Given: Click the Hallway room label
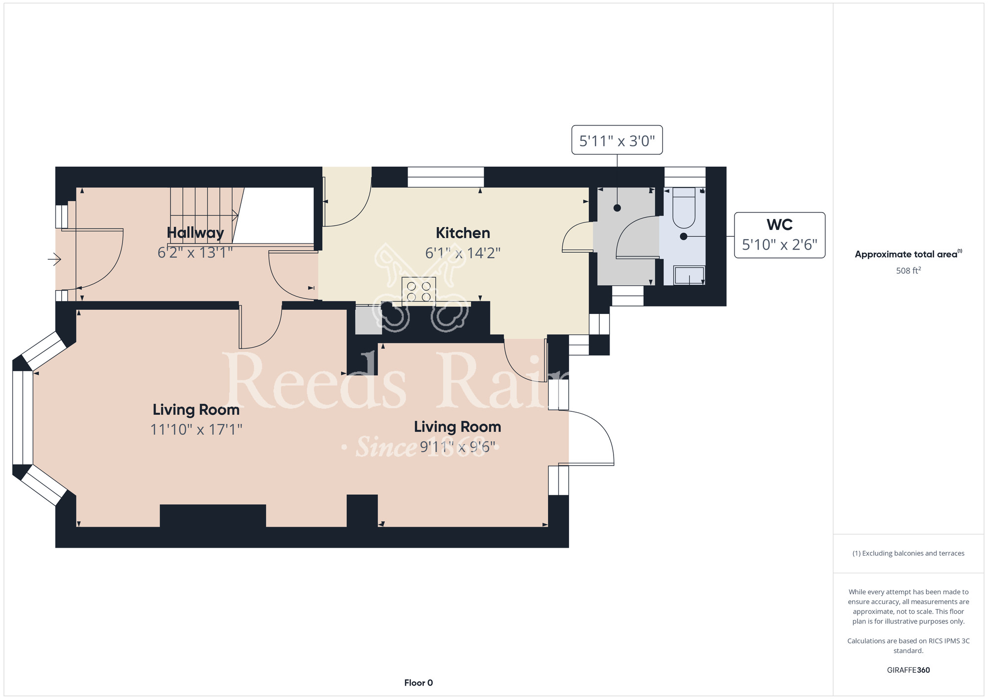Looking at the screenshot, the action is (195, 233).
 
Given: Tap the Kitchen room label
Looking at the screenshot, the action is (463, 233).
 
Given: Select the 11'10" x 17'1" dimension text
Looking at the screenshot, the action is (196, 429).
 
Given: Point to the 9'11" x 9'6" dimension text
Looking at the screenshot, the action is (457, 447).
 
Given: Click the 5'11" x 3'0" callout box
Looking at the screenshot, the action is (617, 140).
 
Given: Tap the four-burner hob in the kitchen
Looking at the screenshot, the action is (419, 290).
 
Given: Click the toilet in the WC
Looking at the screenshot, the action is (684, 208).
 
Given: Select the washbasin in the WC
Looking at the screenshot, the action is (689, 275).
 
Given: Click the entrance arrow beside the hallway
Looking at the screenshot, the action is (54, 259).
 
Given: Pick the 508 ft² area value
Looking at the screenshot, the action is (908, 270).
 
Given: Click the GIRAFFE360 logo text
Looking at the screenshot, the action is (908, 670).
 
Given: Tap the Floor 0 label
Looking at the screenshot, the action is (418, 683).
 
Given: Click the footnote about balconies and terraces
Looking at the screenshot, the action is (908, 553).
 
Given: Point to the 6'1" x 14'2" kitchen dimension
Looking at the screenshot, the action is (463, 253).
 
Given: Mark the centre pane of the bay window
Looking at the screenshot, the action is (23, 418).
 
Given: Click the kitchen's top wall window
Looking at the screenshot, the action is (446, 177).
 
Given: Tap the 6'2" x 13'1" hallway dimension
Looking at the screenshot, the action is (195, 253).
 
